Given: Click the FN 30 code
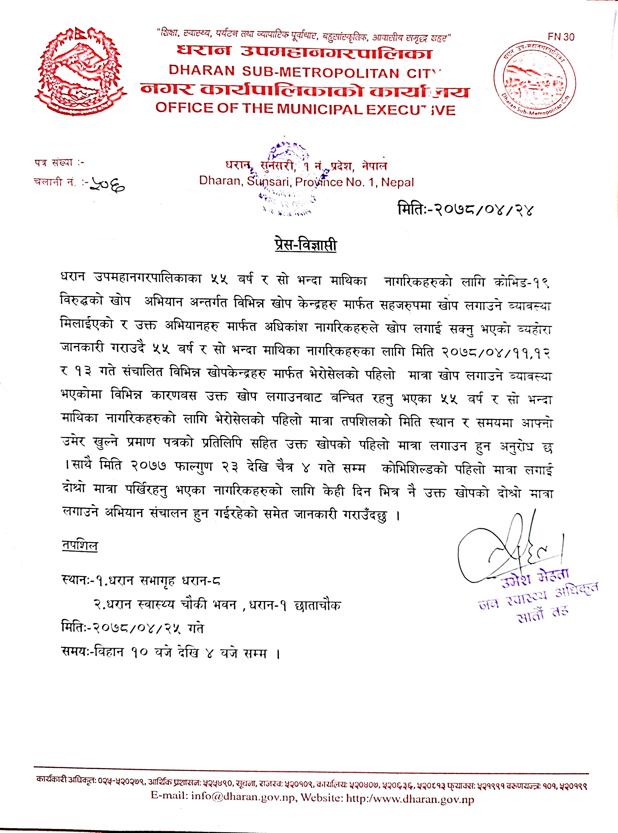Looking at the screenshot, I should coord(561,37).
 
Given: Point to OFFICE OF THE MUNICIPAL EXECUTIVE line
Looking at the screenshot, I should coord(305,109).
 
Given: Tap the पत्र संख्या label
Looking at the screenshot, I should coord(54,163).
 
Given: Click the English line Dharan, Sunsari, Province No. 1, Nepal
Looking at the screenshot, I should coord(306,182).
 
